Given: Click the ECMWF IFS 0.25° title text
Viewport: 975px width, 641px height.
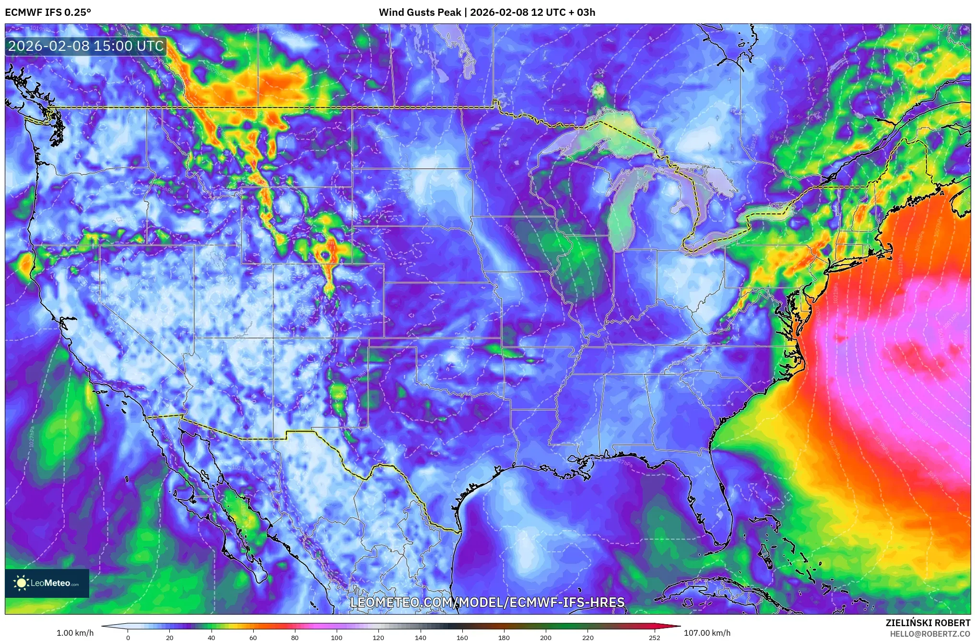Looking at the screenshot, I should [x=48, y=12].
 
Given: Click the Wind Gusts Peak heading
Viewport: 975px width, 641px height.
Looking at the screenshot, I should [x=487, y=12].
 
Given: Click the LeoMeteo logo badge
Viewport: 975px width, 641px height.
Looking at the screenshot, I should [x=47, y=583].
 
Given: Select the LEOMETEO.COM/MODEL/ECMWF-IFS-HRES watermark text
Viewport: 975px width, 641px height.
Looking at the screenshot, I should [x=487, y=602].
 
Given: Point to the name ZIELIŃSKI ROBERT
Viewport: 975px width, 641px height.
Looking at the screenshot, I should [x=928, y=623].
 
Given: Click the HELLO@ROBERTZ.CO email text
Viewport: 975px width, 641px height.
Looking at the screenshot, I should [x=930, y=634].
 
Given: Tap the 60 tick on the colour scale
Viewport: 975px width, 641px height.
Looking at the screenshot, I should [x=253, y=637].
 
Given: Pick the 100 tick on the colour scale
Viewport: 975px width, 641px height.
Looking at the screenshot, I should [x=337, y=637].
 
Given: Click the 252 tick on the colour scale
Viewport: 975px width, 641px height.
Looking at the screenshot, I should [x=655, y=637].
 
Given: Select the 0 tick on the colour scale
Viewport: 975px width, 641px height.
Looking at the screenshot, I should [x=128, y=637].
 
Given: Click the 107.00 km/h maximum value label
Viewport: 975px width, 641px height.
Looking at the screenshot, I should [x=707, y=633].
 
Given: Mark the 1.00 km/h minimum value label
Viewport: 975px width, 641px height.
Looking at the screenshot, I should [x=75, y=633].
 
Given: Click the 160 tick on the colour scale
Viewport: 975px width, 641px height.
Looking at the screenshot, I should [x=462, y=637].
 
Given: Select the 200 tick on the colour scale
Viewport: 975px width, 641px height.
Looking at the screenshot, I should [x=546, y=637].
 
